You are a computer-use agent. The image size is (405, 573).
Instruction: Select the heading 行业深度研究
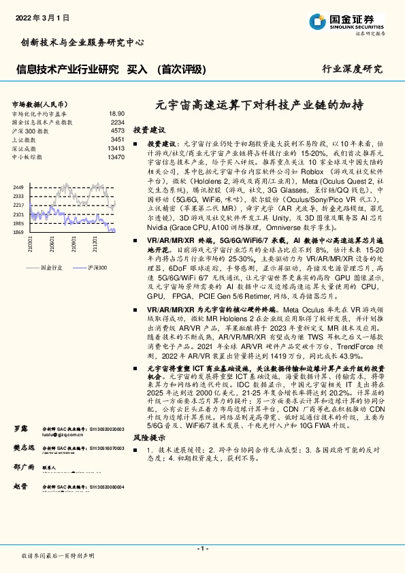click(x=352, y=69)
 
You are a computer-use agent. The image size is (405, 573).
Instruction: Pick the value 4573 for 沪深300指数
click(x=117, y=130)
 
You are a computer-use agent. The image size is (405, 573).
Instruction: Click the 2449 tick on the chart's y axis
click(x=18, y=186)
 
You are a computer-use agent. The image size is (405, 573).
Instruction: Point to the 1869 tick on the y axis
click(x=18, y=232)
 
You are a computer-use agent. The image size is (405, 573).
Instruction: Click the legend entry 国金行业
click(x=50, y=268)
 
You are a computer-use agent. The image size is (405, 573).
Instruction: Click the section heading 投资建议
click(x=149, y=129)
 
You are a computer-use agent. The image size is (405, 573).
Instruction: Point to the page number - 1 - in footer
click(x=202, y=548)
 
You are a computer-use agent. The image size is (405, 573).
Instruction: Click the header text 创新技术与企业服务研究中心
click(x=80, y=42)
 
